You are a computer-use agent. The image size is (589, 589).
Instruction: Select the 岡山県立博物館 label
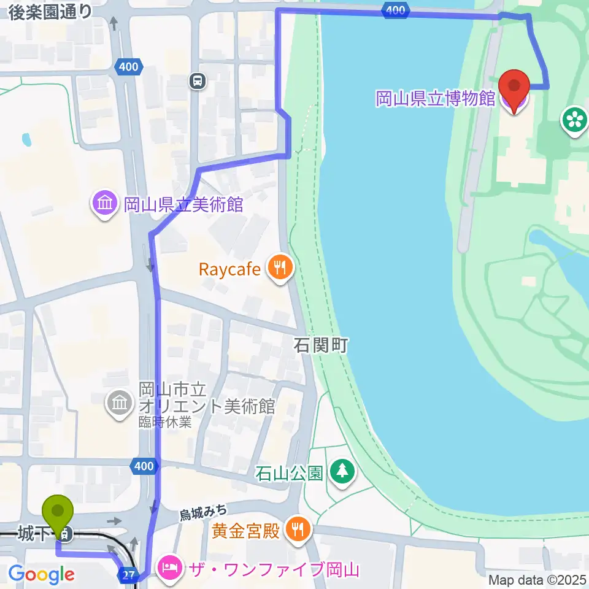coord(435,98)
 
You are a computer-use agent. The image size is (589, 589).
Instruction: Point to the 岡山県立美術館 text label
coord(183,204)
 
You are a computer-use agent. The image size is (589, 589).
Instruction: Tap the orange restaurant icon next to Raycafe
coord(280,269)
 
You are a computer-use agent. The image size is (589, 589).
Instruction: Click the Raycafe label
coord(229,269)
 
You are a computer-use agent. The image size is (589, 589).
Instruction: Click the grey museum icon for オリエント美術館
coord(118,403)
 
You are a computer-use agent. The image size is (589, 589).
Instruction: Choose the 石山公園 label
coord(289,473)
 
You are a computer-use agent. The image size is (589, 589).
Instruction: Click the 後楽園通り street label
coord(50,10)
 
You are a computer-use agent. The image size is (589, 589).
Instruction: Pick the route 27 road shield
coord(126,574)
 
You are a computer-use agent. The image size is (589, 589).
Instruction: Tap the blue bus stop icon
coord(197,81)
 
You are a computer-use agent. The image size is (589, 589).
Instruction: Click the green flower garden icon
coord(574,119)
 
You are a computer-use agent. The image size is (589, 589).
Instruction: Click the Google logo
coord(42,575)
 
